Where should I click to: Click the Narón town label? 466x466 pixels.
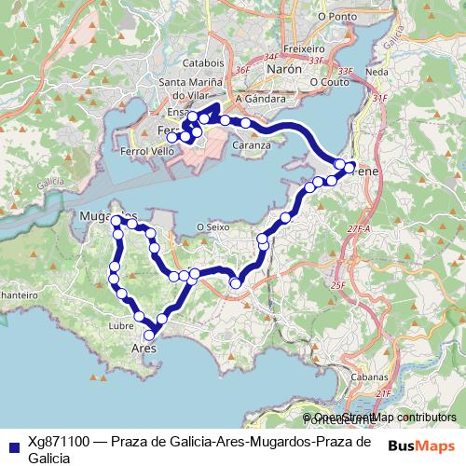pos(284,69)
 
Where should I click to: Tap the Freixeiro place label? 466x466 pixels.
pos(303,47)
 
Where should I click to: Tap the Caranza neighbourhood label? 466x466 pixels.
pos(253,144)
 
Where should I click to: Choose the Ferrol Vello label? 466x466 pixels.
pos(147,150)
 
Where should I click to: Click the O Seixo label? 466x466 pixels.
pos(212,226)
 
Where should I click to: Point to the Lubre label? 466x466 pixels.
pos(121,326)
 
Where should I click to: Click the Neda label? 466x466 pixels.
pos(377,72)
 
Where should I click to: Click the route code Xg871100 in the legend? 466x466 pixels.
pos(60,442)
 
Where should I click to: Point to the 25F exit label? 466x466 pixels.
pos(337,285)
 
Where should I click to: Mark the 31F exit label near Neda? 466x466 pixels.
pos(379,97)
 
